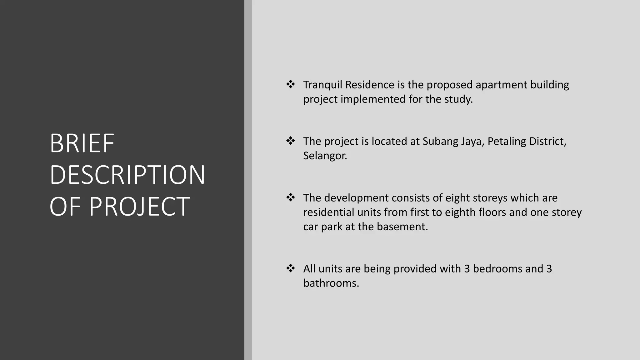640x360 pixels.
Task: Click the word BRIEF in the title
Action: (x=82, y=143)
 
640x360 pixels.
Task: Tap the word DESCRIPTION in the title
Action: (x=127, y=175)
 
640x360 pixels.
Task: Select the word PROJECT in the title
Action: (x=139, y=207)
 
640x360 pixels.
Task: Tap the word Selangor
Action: (x=325, y=156)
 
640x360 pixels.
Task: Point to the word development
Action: (x=355, y=198)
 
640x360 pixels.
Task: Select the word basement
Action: (x=402, y=227)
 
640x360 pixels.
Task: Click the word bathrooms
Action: (x=331, y=283)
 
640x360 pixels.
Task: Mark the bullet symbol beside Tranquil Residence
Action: (x=291, y=84)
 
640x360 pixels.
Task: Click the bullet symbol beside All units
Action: (x=291, y=268)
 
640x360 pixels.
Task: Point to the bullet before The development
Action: (x=291, y=197)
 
